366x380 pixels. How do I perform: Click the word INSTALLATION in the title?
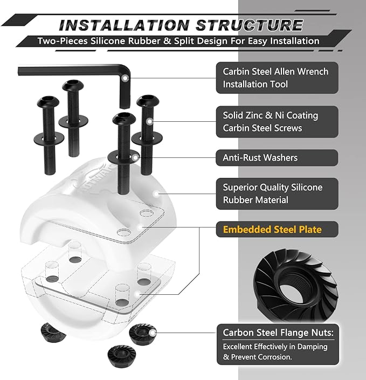point(124,25)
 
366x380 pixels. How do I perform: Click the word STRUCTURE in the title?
point(250,25)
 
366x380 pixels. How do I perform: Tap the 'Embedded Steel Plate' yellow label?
point(272,229)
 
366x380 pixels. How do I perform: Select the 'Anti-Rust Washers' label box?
point(277,158)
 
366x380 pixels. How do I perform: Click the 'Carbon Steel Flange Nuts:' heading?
point(278,333)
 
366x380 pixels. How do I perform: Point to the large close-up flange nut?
point(296,286)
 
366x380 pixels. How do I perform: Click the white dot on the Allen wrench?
point(125,78)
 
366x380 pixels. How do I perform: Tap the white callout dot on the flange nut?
point(153,333)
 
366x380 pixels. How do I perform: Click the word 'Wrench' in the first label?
point(313,72)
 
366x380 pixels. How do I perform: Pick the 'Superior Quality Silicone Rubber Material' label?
point(277,194)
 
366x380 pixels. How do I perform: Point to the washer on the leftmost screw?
point(49,139)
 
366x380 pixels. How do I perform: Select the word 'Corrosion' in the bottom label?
point(274,357)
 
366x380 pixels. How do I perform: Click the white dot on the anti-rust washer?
point(135,157)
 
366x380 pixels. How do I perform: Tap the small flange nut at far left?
point(53,333)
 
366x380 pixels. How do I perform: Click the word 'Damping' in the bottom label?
point(312,347)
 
